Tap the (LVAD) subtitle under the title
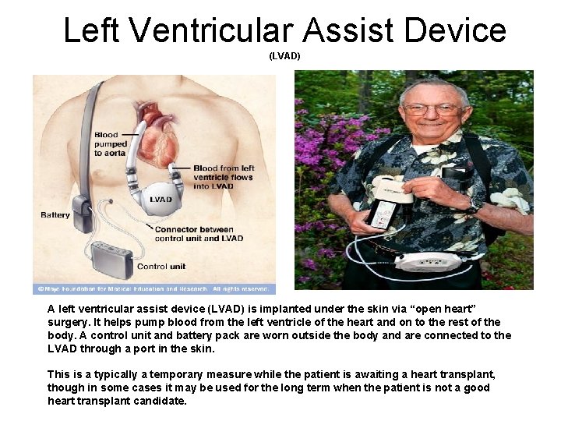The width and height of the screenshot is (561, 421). click(284, 56)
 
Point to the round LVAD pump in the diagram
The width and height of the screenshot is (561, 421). click(161, 199)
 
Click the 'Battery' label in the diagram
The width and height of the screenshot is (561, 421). click(55, 215)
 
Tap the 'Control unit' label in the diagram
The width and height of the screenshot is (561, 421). click(162, 267)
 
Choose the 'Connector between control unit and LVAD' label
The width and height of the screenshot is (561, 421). click(199, 234)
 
